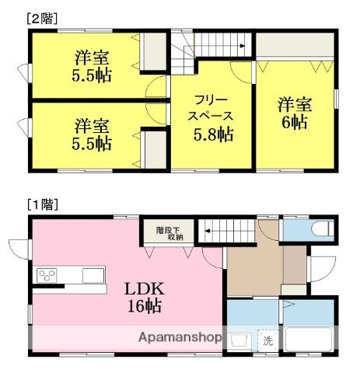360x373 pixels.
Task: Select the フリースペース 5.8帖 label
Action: tap(211, 117)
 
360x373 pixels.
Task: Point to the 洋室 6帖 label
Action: tap(293, 113)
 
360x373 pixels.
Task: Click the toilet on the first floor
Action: tap(321, 229)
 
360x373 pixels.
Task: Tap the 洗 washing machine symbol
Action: tap(267, 340)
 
